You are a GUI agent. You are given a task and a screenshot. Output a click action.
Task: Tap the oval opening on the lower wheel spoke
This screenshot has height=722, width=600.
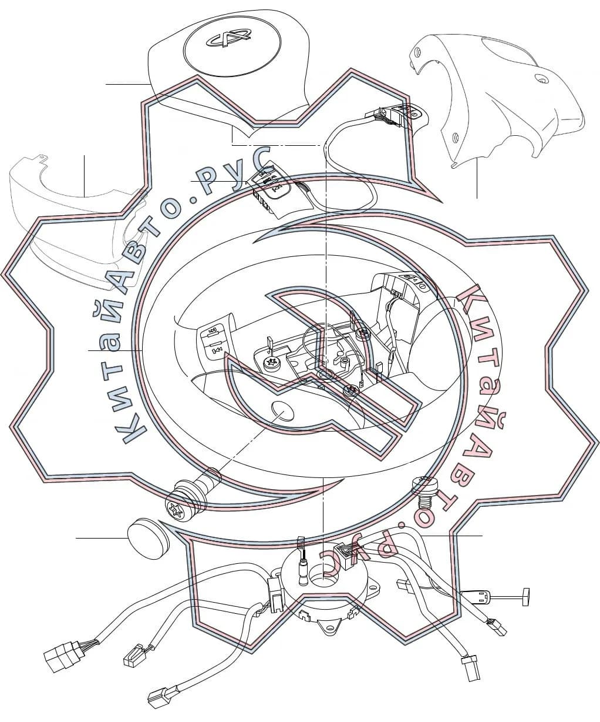pos(283,410)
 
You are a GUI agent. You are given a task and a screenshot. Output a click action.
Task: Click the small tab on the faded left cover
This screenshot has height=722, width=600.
pos(42,158)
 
